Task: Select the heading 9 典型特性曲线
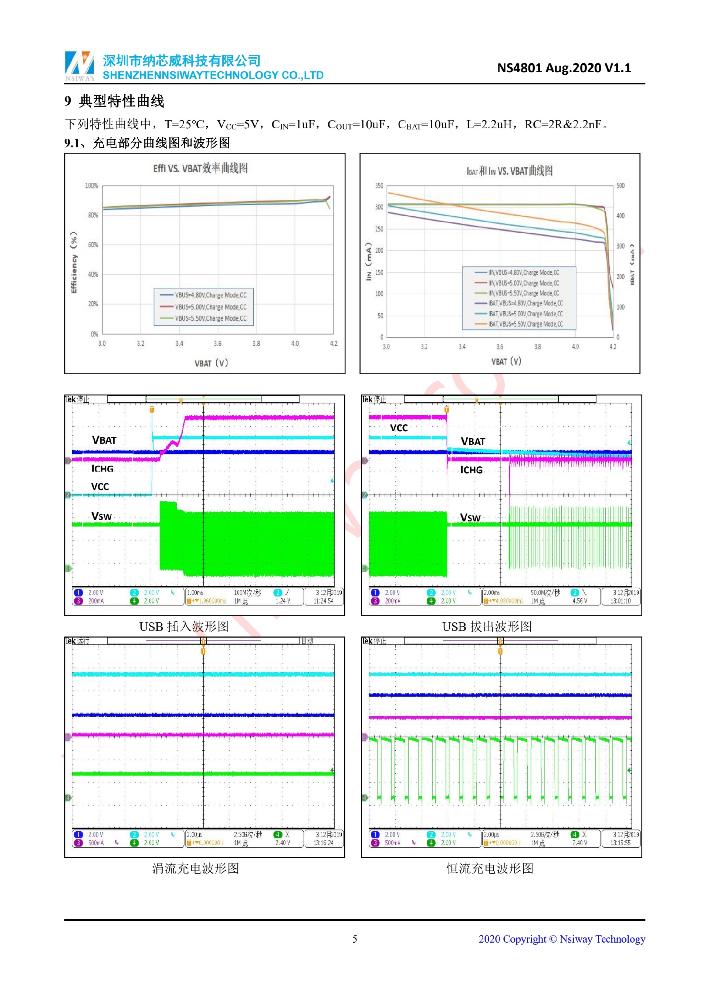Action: coord(114,101)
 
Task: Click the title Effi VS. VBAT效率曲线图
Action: coord(200,168)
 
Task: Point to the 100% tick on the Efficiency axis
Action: coord(91,186)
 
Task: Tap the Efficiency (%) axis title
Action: coord(74,262)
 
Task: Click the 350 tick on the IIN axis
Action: coord(379,186)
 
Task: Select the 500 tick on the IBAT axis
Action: coord(621,186)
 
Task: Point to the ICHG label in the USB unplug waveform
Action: coord(471,470)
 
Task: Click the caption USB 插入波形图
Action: coord(184,627)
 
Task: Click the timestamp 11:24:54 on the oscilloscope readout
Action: coord(323,601)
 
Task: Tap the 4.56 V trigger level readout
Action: coord(580,601)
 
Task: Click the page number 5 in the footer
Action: coord(355,939)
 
